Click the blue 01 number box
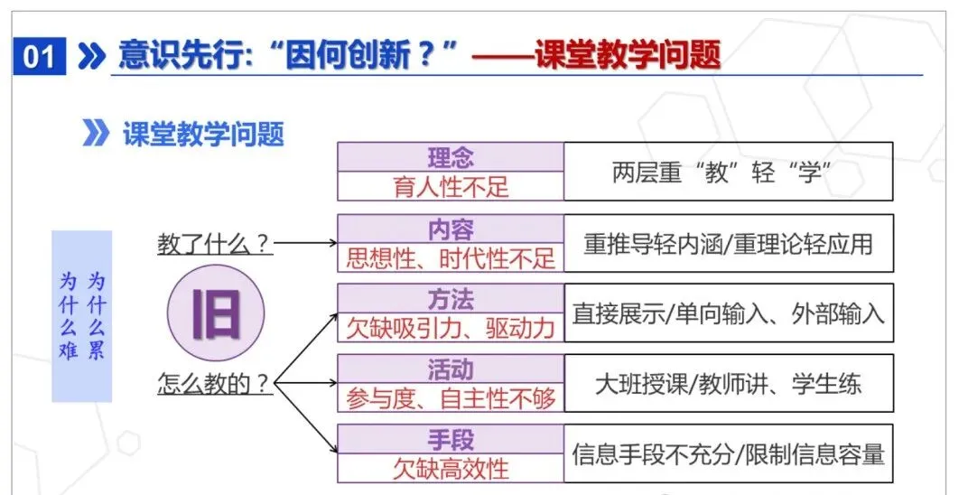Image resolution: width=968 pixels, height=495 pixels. point(39,57)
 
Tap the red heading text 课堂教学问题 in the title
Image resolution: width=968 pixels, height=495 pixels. point(628,56)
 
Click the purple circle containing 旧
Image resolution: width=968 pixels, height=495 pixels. point(215,313)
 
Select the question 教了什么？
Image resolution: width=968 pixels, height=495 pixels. point(215,243)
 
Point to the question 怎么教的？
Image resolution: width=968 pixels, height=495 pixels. point(215,383)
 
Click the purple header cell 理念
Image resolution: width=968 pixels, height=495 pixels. point(450,157)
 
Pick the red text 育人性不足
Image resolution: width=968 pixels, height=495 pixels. point(450,186)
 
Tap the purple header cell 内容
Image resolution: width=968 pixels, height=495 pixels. point(450,229)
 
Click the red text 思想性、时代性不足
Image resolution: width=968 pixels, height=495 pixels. point(450,257)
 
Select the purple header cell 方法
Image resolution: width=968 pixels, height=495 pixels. point(450,298)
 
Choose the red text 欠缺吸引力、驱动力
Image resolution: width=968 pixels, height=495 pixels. point(450,327)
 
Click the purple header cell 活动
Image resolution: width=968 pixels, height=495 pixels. point(450,369)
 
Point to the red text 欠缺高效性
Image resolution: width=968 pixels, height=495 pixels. point(450,468)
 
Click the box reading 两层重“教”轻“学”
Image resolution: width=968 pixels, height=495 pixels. point(728,172)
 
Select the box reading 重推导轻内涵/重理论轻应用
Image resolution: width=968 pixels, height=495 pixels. point(728,243)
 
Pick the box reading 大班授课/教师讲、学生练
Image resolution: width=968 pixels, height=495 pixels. point(728,383)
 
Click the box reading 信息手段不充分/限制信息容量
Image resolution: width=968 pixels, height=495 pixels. point(728,453)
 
